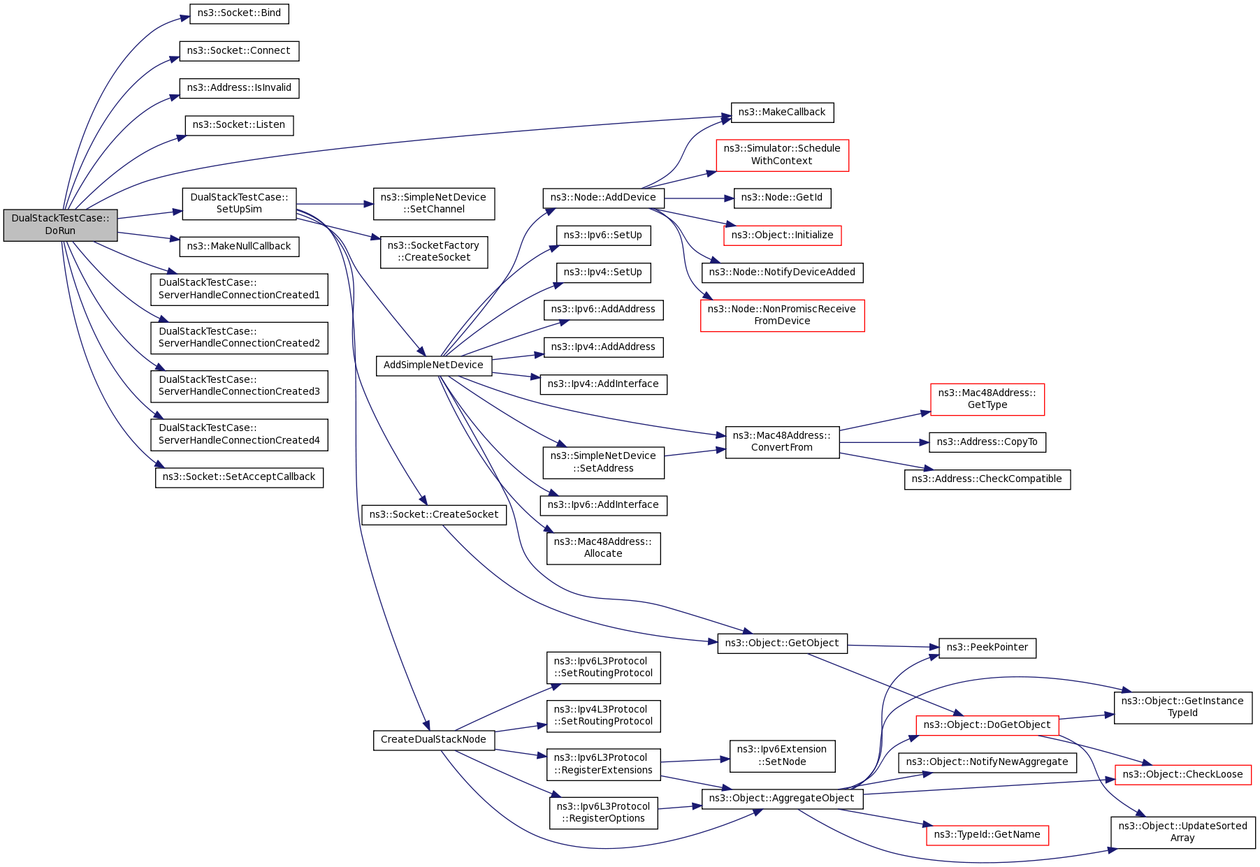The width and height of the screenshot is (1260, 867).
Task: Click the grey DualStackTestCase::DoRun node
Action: [60, 225]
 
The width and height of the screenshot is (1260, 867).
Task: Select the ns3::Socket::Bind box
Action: [239, 13]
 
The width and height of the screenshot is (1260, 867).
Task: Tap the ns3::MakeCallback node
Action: [781, 112]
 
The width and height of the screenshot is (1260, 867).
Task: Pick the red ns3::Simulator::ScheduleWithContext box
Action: [781, 155]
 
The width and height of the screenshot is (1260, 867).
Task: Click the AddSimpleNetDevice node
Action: [433, 365]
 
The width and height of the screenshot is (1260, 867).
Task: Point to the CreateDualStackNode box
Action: [433, 740]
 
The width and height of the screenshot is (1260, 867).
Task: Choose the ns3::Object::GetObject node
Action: [781, 643]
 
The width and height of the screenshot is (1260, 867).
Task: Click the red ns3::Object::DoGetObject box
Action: [987, 725]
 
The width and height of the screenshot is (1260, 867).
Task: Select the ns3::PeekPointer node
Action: [987, 648]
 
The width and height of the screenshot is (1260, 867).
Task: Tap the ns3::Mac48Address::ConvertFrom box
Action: [781, 442]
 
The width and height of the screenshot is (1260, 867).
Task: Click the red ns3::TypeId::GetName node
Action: [987, 835]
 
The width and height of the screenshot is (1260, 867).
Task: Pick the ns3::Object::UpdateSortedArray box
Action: [1182, 832]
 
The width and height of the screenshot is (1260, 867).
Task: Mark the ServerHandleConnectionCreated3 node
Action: [239, 386]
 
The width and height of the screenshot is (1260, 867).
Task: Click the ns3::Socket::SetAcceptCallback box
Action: [239, 477]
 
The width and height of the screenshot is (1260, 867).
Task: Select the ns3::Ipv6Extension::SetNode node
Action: [781, 756]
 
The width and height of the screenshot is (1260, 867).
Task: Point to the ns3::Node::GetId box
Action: [781, 198]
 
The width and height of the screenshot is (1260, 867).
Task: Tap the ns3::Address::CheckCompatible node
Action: [987, 479]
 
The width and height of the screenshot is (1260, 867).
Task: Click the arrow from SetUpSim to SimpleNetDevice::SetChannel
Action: [335, 204]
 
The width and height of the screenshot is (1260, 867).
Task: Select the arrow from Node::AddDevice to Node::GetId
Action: [699, 198]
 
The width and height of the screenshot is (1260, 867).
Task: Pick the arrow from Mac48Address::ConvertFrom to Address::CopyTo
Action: [884, 442]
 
